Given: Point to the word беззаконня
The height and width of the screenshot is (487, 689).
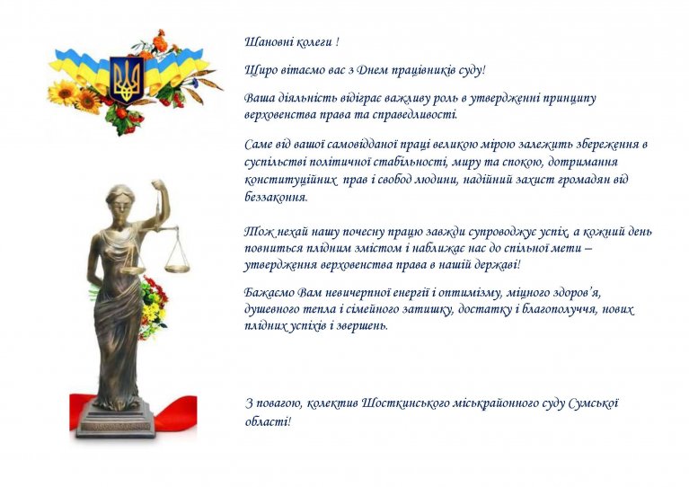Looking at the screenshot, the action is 276,197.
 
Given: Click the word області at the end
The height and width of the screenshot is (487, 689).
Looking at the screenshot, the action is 268,422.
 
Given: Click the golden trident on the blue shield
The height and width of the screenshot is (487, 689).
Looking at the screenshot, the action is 127,79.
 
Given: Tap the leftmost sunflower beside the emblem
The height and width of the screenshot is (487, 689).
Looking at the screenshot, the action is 63,93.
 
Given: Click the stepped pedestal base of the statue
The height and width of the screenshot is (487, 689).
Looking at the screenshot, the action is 117,420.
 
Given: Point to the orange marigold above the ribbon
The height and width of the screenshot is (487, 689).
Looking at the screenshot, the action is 161,42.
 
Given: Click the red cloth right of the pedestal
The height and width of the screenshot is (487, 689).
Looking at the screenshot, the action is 175,413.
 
